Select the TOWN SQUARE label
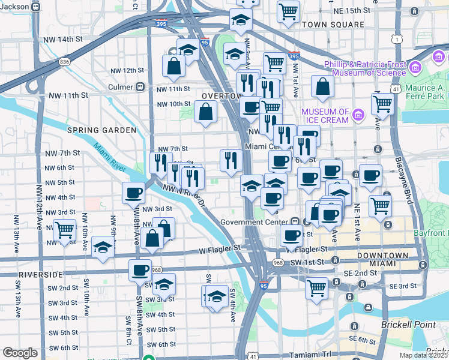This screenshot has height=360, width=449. point(333,25)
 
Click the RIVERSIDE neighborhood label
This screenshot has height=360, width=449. point(41,274)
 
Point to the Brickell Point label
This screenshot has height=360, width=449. point(408,325)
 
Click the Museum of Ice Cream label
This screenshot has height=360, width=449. point(325,116)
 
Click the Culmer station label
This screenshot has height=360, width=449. point(121,87)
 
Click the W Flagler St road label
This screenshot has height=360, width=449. point(220,247)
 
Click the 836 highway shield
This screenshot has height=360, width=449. point(65,61)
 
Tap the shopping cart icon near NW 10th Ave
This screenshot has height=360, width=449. point(64,229)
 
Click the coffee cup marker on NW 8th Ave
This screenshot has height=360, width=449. point(133,193)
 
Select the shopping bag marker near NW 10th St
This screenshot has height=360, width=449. point(205,111)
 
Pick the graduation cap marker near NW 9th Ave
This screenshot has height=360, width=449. point(103,247)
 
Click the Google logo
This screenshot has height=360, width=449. point(20,353)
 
